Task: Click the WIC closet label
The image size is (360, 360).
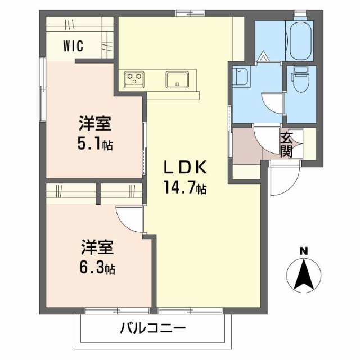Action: point(74,46)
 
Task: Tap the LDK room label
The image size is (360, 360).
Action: point(186,167)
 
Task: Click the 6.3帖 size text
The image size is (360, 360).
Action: point(96,268)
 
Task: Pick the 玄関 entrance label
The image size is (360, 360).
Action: point(287,144)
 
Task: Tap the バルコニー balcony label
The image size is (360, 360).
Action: point(152,328)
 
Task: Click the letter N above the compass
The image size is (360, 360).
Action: point(304,251)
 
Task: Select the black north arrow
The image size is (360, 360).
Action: point(304,274)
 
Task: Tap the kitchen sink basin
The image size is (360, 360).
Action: point(177,79)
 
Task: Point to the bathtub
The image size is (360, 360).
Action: point(299,40)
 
